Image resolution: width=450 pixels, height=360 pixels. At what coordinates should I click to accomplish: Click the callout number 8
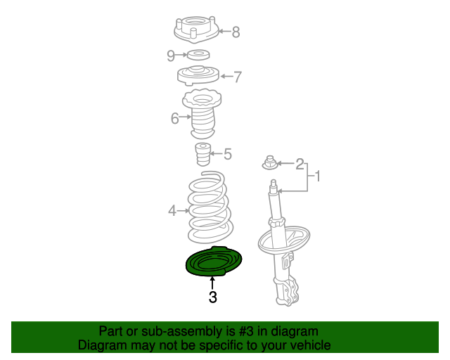[x=236, y=32]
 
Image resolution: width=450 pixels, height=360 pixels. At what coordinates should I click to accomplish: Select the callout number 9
[x=171, y=55]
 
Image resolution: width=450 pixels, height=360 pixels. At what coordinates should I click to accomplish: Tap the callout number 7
[x=237, y=77]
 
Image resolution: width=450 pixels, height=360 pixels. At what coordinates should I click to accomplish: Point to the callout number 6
[x=175, y=118]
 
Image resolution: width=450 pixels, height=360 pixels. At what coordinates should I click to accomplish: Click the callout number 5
[x=227, y=154]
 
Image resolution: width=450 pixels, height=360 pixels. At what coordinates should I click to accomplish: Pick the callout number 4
[x=172, y=210]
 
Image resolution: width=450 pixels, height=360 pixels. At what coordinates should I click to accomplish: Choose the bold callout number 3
[x=212, y=297]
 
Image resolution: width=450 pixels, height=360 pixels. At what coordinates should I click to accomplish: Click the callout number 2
[x=300, y=165]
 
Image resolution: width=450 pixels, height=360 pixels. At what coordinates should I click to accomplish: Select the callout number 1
[x=317, y=176]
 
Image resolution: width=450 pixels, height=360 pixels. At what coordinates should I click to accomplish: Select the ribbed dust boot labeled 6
[x=202, y=116]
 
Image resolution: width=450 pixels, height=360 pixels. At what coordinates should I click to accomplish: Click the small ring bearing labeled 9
[x=199, y=55]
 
